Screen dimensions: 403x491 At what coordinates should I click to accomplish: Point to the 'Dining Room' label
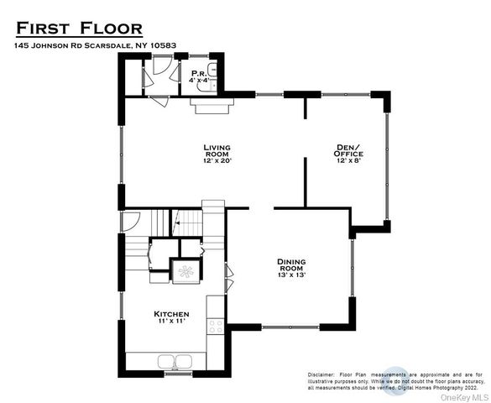(x=291, y=264)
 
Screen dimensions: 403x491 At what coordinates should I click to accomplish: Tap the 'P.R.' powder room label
(x=198, y=73)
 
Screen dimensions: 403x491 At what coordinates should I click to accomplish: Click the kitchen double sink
(x=174, y=361)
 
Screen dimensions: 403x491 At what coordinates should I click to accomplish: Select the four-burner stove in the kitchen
(x=216, y=325)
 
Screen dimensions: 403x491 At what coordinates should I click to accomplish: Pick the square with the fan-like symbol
(x=185, y=271)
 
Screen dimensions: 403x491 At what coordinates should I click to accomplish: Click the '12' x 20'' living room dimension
(x=217, y=160)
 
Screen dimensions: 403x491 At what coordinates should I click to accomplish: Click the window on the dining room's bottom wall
(x=289, y=327)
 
